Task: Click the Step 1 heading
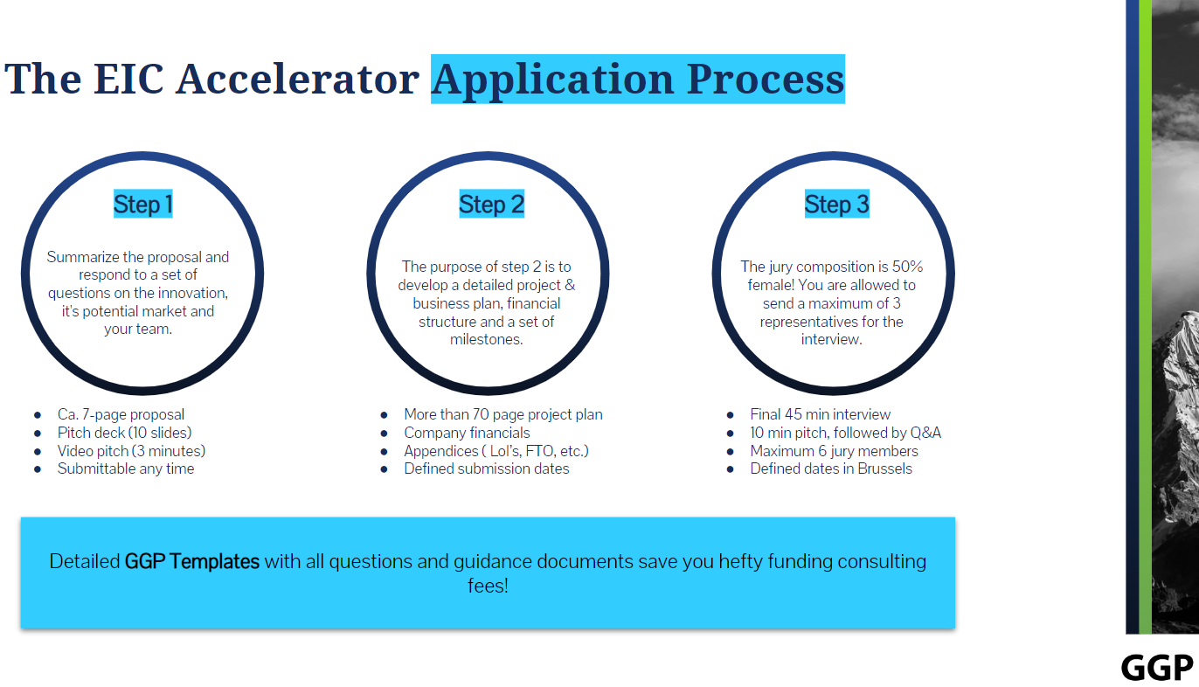(142, 205)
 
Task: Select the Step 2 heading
(491, 205)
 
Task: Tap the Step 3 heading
(836, 205)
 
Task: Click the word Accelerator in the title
(297, 80)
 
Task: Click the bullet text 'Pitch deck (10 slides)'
(124, 433)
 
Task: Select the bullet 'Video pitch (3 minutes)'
(131, 451)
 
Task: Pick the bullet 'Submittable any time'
(126, 468)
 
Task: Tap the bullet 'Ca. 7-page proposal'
(121, 414)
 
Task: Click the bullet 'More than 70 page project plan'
(502, 414)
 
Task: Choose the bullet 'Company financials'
(467, 433)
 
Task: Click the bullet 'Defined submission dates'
(486, 468)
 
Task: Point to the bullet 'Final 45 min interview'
(820, 414)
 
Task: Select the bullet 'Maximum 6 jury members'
(834, 451)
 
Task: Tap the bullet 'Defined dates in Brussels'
(830, 468)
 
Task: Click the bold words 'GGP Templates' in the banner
(192, 561)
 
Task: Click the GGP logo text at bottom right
(1156, 667)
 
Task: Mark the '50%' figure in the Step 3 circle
(906, 267)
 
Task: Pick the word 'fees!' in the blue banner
(488, 586)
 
